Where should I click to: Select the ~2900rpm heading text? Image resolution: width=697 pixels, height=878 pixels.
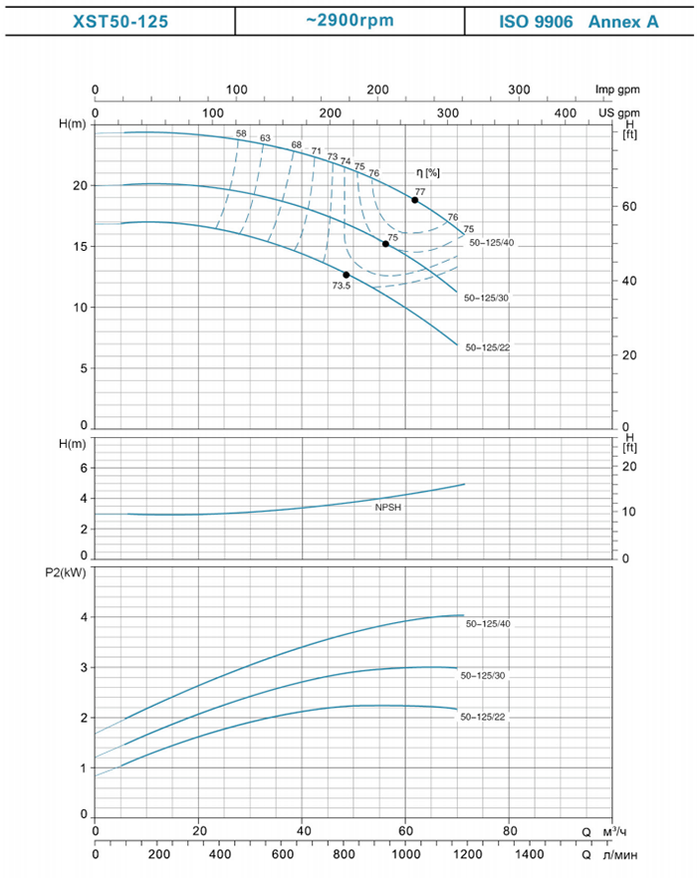(x=348, y=19)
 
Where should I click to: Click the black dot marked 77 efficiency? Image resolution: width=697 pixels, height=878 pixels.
(x=415, y=200)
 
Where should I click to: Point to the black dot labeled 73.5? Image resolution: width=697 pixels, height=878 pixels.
(x=347, y=274)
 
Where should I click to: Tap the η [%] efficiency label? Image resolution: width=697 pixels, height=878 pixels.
(x=428, y=172)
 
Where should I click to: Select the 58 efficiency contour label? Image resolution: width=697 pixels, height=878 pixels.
(x=241, y=133)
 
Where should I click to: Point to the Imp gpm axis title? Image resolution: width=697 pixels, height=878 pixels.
(x=618, y=90)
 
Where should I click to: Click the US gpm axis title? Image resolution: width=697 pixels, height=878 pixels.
(x=620, y=113)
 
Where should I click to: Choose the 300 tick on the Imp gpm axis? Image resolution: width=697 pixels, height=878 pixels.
(x=519, y=90)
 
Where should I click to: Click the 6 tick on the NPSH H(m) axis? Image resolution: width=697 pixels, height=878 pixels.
(x=85, y=468)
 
